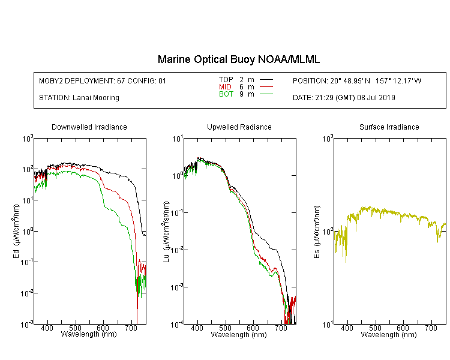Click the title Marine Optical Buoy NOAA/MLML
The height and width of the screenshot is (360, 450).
click(x=238, y=59)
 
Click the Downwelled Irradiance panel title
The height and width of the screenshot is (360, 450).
click(x=89, y=127)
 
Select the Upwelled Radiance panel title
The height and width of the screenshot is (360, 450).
click(x=239, y=127)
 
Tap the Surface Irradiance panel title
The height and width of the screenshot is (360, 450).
click(x=389, y=127)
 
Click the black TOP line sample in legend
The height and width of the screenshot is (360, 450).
click(x=266, y=80)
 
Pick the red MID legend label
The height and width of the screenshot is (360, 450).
click(x=225, y=86)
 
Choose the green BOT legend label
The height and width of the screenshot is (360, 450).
click(x=226, y=94)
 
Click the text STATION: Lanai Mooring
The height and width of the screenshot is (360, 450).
click(x=79, y=98)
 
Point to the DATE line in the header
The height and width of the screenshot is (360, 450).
click(x=344, y=98)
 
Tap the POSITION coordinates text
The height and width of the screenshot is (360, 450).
click(x=357, y=80)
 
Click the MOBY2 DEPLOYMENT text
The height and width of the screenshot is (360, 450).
click(x=103, y=81)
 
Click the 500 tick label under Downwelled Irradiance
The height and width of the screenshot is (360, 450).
click(x=75, y=328)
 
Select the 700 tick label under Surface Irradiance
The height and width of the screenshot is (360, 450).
click(x=431, y=328)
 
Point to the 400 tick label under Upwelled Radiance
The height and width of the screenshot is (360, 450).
click(x=197, y=328)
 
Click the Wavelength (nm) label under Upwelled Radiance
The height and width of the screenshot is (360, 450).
click(x=239, y=334)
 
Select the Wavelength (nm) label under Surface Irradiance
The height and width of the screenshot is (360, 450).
click(x=389, y=334)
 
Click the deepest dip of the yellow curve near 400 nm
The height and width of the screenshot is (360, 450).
click(x=346, y=262)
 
